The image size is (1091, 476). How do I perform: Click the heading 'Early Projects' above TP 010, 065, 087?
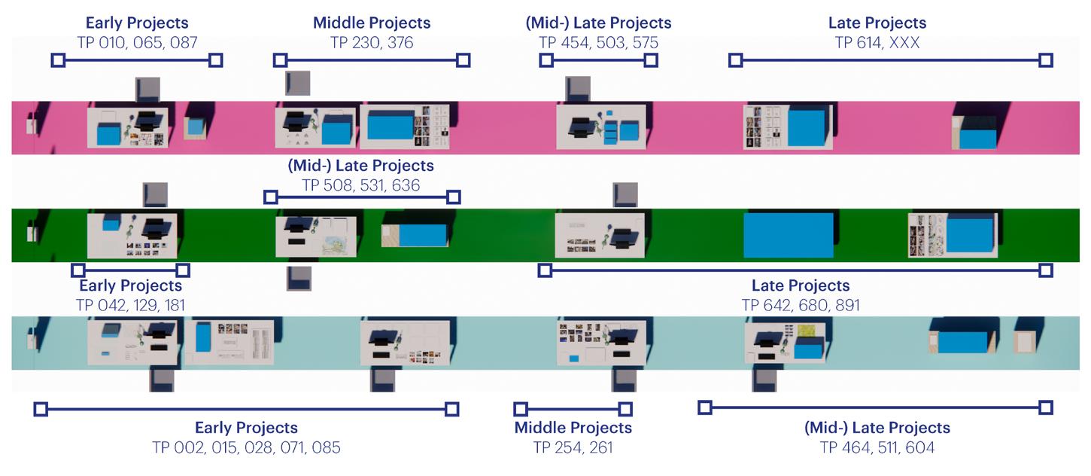[137, 23]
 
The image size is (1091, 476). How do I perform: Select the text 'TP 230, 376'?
[372, 43]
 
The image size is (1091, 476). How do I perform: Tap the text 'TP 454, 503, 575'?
[598, 43]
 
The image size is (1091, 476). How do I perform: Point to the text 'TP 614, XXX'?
[877, 43]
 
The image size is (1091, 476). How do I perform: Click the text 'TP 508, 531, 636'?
[360, 185]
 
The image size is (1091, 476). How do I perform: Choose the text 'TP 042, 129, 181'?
[130, 305]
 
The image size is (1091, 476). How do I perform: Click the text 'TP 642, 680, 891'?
[800, 305]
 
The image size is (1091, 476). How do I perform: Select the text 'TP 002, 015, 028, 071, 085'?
[246, 447]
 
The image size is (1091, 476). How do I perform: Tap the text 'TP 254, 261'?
[573, 447]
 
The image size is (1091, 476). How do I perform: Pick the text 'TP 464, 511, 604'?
[877, 447]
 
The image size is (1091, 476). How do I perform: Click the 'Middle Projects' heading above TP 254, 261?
[573, 428]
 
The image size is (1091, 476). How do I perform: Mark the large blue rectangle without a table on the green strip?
[788, 236]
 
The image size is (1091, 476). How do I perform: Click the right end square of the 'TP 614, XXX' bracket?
[1045, 60]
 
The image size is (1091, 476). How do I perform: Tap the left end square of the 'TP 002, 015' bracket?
[41, 409]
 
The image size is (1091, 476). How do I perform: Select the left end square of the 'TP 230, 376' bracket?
[280, 60]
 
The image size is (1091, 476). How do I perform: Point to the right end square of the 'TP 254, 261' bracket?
[625, 409]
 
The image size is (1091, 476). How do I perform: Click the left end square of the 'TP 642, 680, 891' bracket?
[545, 270]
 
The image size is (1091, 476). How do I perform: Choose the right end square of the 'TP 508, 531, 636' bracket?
[453, 197]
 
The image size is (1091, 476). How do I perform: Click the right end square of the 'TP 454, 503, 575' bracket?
[651, 60]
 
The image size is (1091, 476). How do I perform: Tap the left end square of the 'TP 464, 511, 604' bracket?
[704, 407]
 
